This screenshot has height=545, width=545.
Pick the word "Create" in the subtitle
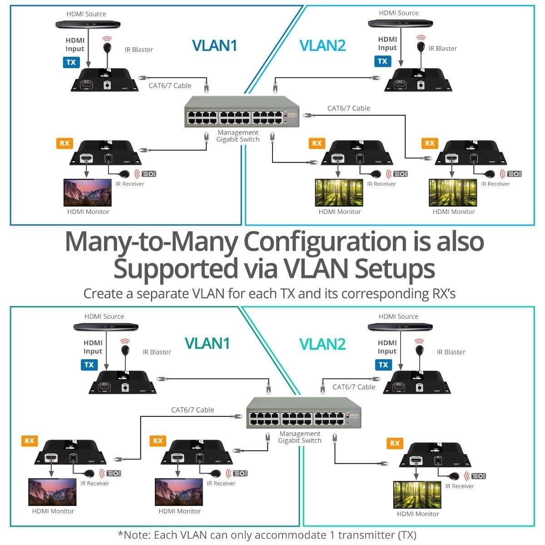[x=103, y=294]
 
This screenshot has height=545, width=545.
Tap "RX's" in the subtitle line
[x=441, y=294]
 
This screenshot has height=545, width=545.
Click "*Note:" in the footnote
[x=135, y=535]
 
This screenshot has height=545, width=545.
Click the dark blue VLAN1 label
[x=214, y=45]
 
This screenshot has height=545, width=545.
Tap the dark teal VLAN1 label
[x=207, y=343]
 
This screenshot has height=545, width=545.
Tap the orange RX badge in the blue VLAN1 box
[x=64, y=143]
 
